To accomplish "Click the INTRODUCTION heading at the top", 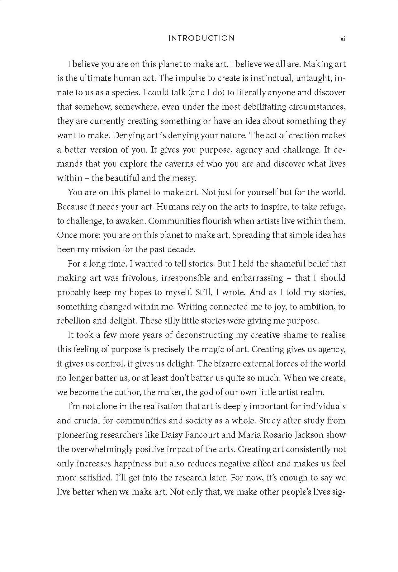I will (201, 38).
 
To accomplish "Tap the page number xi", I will (343, 39).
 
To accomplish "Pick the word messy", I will (185, 178).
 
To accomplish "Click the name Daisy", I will (172, 435).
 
